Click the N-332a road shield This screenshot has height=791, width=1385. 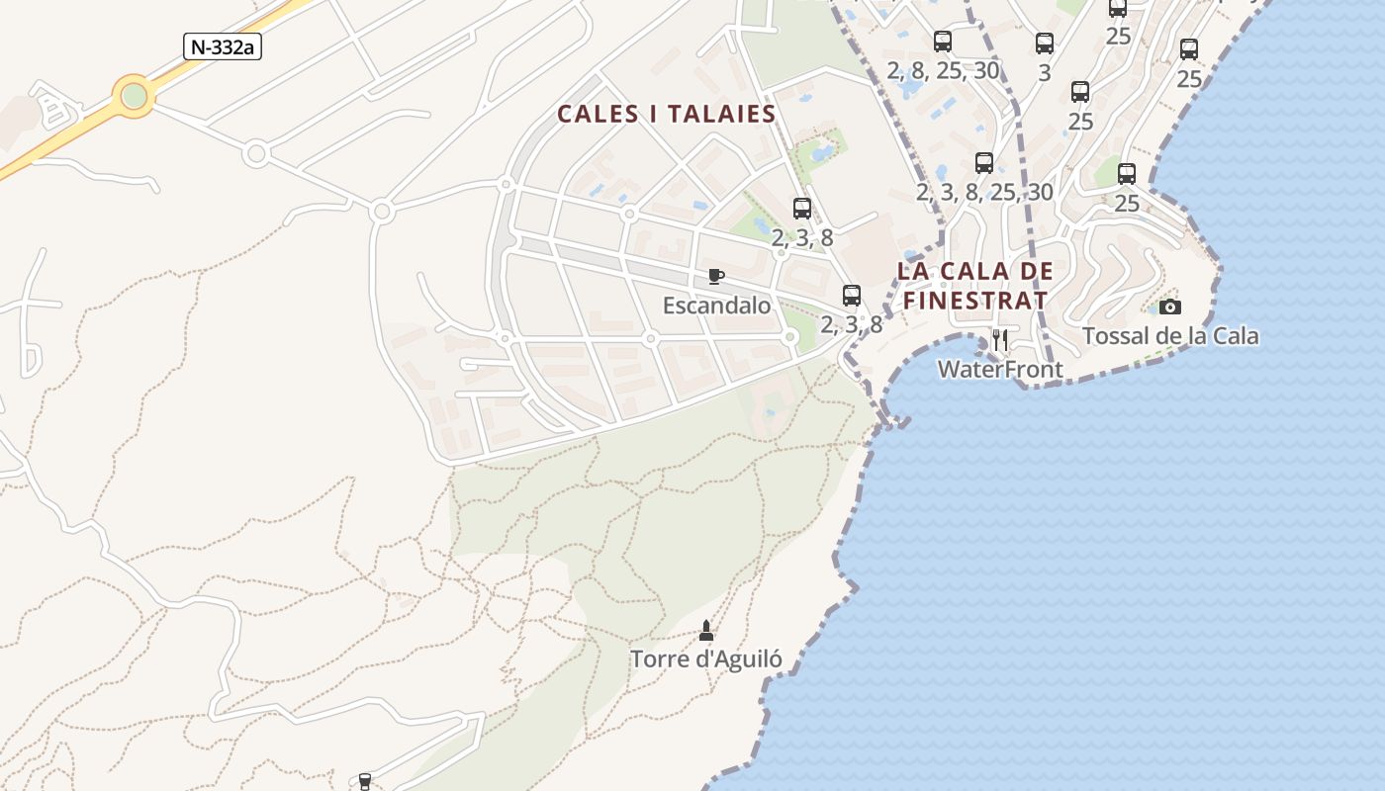223,46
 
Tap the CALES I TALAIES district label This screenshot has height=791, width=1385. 666,114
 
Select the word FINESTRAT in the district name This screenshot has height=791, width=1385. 975,300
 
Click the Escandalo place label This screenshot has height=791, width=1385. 716,306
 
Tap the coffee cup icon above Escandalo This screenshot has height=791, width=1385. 716,276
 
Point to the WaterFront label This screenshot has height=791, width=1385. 1000,370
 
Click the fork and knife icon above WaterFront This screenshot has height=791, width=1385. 1000,340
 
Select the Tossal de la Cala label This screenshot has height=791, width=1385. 1170,336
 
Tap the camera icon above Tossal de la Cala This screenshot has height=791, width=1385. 1170,307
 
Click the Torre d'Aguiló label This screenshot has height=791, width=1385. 706,659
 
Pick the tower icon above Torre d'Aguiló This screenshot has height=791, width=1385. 706,630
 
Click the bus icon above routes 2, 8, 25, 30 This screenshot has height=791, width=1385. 943,42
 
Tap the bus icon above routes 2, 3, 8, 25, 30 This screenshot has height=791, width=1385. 984,163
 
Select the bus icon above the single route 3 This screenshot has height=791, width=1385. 1045,44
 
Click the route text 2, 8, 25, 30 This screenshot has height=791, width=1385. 943,70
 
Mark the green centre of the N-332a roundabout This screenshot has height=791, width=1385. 134,96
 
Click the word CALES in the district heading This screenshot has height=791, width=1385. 597,114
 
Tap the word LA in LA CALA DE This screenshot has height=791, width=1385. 915,271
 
